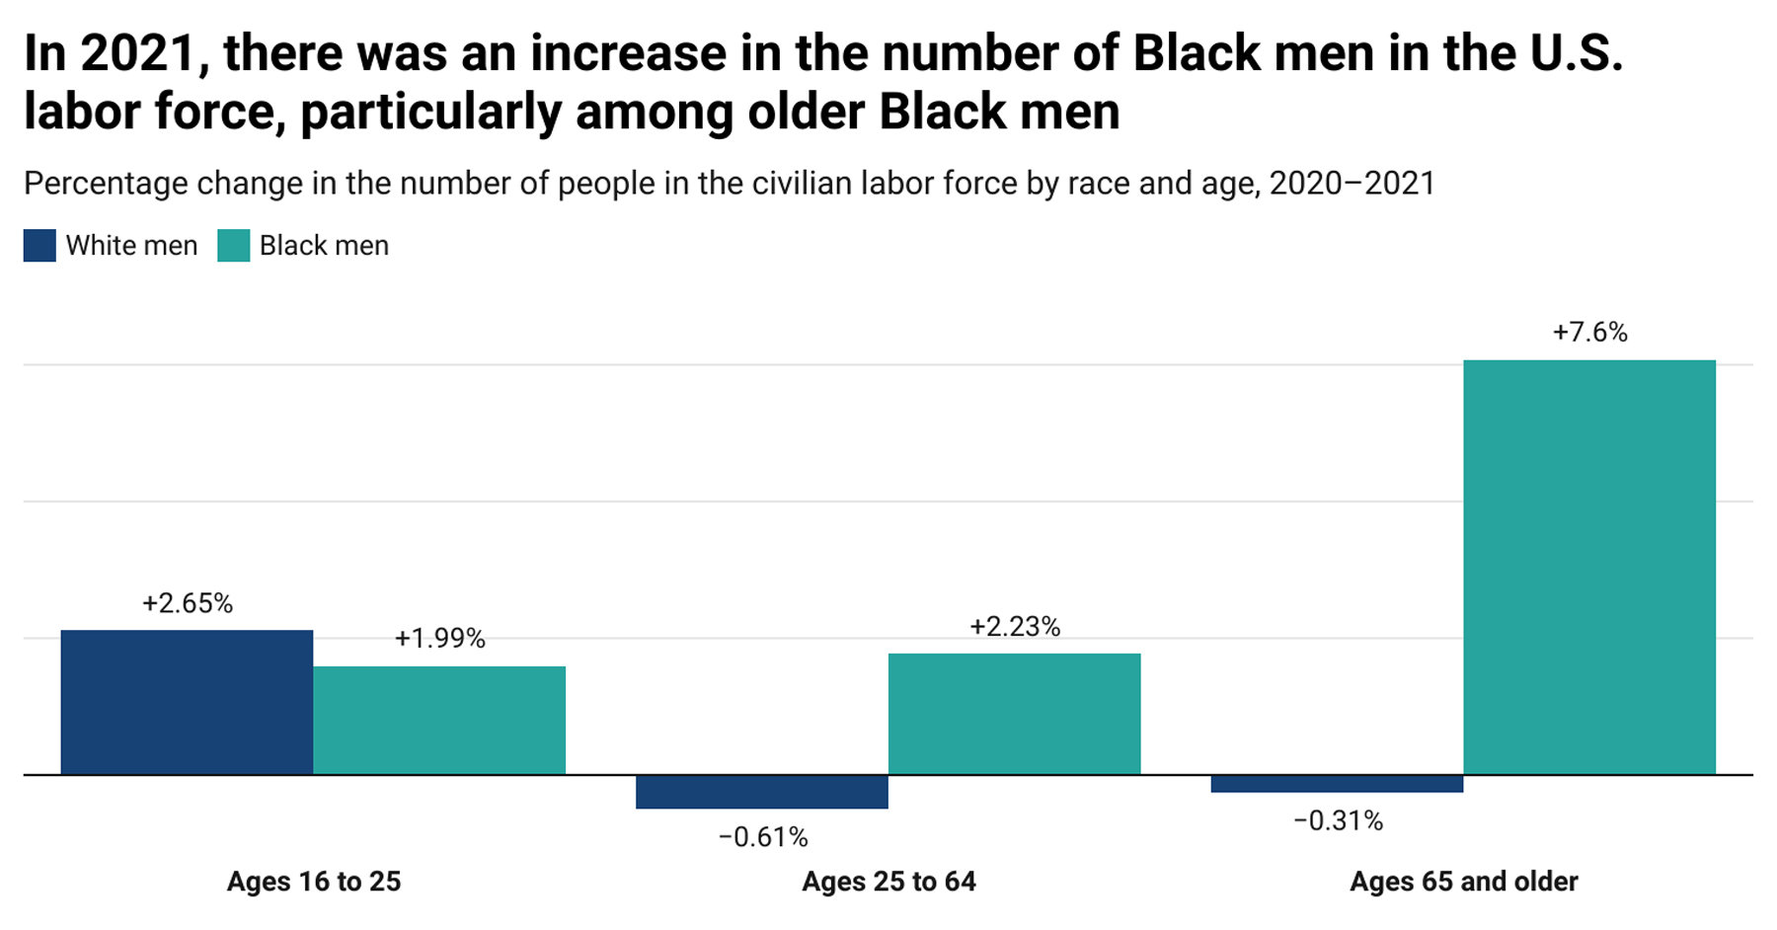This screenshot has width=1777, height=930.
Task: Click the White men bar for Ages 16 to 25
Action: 187,702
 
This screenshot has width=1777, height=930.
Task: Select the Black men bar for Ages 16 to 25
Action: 439,720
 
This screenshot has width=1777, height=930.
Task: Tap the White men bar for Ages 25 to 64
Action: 761,792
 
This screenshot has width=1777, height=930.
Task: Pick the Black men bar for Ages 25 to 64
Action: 1014,714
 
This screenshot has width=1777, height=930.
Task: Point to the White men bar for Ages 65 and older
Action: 1337,784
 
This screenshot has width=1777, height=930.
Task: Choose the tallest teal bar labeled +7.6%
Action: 1588,567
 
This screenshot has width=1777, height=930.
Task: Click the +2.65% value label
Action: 188,603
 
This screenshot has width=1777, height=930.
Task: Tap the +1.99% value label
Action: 439,639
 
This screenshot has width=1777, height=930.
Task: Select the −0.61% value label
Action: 763,837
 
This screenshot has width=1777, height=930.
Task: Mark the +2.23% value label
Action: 1014,627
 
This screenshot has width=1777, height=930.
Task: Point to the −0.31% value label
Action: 1338,820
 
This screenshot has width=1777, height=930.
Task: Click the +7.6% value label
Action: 1589,332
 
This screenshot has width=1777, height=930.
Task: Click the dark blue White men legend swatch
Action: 39,246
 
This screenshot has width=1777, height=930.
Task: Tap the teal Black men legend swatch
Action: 233,246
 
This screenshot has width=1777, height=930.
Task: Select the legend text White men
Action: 131,246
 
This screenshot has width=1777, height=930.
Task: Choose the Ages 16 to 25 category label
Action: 314,881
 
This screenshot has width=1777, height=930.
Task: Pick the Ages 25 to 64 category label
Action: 888,881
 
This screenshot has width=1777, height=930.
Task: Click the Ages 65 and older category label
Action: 1463,881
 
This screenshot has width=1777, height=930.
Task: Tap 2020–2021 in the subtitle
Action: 1352,184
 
